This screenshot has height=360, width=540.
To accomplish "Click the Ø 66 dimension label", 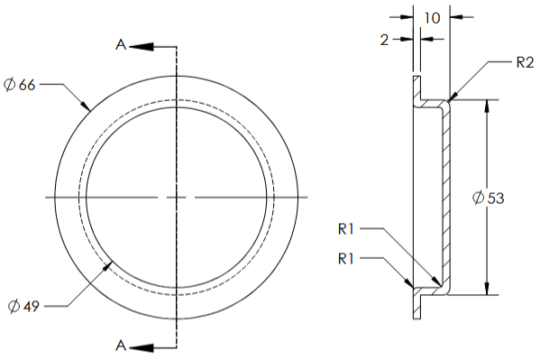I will [20, 85].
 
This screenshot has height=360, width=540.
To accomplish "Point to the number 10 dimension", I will [432, 18].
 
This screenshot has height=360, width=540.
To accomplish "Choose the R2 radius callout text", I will [526, 62].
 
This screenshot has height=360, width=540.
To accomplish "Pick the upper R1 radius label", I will [350, 230].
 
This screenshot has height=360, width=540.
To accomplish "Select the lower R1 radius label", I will [350, 259].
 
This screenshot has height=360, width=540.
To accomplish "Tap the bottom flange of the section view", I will [416, 304].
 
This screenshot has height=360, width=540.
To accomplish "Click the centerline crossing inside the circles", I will [177, 197].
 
